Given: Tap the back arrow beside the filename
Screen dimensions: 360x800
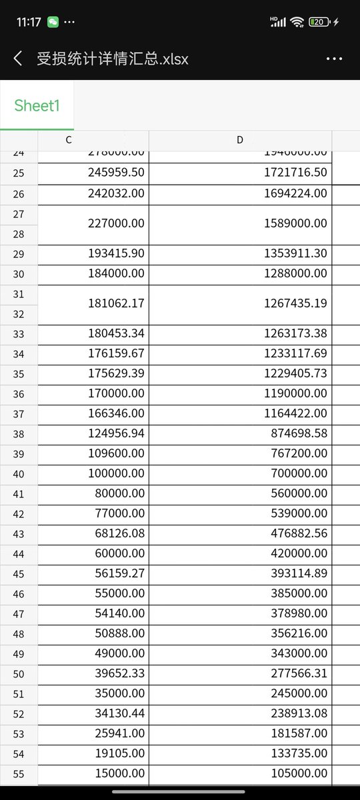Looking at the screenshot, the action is tap(18, 59).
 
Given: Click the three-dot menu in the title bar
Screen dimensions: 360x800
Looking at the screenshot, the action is tap(334, 59).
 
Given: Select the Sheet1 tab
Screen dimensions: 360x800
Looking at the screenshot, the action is tap(37, 106).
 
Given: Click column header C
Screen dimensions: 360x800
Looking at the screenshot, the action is tap(69, 140).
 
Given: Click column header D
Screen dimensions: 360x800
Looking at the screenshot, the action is tap(240, 140).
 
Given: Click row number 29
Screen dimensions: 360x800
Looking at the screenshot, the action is tap(19, 254).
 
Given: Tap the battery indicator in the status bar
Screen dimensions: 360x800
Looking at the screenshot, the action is tap(320, 22).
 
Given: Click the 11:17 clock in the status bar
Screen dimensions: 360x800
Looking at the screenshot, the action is tap(29, 22).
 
